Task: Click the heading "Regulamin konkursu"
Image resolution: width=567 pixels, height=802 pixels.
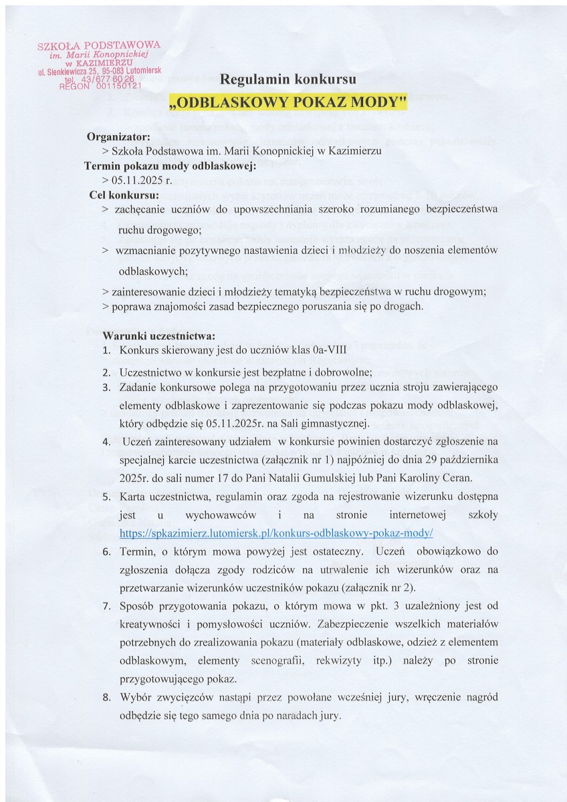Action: coord(283,80)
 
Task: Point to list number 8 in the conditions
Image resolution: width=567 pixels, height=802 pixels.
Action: coord(106,696)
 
